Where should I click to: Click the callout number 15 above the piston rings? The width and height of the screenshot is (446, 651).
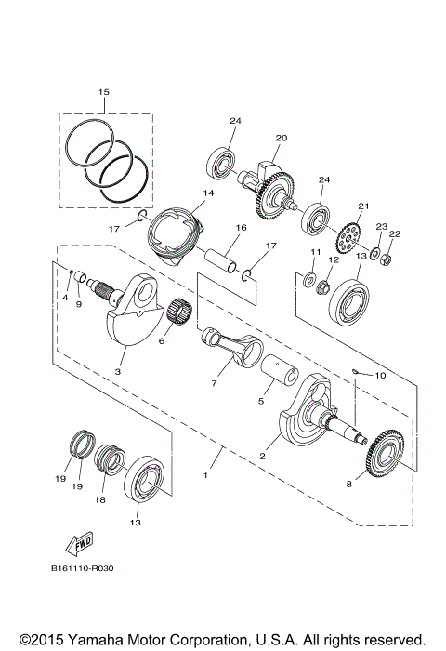[104, 92]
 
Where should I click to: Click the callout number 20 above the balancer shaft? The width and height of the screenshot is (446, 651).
[281, 138]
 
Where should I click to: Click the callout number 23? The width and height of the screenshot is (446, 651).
[380, 226]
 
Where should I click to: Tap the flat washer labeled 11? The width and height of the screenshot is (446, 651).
[306, 278]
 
